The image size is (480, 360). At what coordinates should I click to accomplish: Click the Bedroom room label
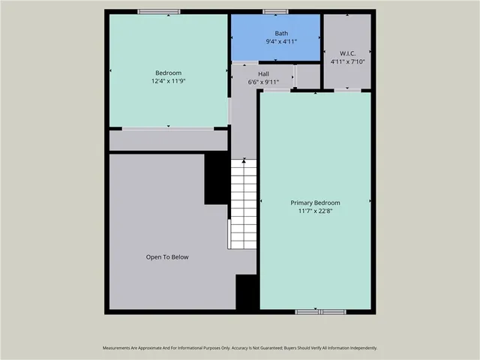pos(168,73)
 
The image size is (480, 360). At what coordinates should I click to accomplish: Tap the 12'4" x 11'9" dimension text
pos(168,81)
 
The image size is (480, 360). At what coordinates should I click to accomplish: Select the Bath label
pos(281,33)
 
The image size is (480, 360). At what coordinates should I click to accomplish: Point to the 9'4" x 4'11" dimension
pos(281,41)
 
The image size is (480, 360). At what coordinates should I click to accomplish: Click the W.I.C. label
pos(346,53)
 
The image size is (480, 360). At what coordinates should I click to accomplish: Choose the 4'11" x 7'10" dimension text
pos(346,61)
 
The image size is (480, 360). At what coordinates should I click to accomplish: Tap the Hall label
pos(263,73)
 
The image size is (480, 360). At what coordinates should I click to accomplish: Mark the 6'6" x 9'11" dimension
pos(263,82)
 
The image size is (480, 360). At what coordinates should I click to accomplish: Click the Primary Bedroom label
pos(315,202)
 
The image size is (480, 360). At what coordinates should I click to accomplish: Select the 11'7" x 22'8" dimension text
pos(315,211)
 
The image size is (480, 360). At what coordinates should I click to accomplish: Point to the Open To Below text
pos(167,257)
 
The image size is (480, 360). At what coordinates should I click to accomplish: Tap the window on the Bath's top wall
pos(275,11)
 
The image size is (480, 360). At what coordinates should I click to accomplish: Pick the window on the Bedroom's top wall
pos(159,11)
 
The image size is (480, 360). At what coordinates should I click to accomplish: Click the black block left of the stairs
pos(217,178)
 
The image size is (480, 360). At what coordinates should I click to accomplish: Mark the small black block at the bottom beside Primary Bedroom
pos(247,292)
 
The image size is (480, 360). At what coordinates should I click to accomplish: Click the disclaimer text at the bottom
pos(240,348)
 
